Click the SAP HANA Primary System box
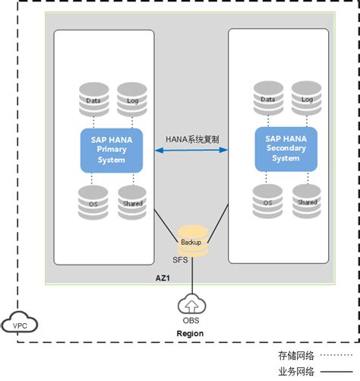[x=112, y=150]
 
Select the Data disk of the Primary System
[x=94, y=98]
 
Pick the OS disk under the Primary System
[x=94, y=201]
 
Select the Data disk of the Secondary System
[x=267, y=97]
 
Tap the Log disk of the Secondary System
[x=307, y=97]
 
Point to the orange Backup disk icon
[x=191, y=240]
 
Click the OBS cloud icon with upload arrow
[x=191, y=305]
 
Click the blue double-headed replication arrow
[x=191, y=151]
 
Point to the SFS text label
[x=180, y=260]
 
